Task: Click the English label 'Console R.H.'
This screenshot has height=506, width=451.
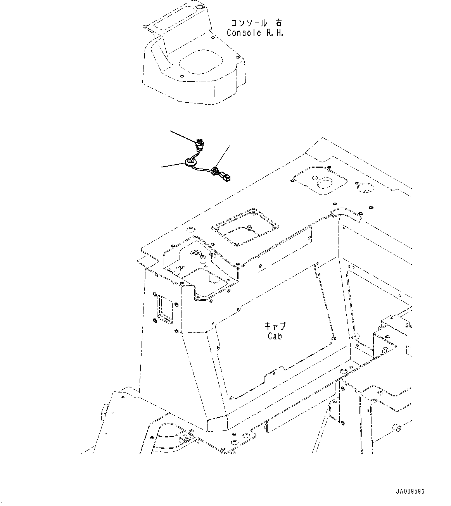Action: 255,33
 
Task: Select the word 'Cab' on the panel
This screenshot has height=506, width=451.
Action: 275,336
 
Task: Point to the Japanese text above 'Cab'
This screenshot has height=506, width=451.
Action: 275,326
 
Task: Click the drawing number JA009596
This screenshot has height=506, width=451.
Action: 410,491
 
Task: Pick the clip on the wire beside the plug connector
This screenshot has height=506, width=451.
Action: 214,171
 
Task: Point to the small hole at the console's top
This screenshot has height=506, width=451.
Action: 200,7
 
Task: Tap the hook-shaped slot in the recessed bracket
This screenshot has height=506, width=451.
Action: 196,253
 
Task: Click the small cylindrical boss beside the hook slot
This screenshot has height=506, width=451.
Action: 202,261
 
